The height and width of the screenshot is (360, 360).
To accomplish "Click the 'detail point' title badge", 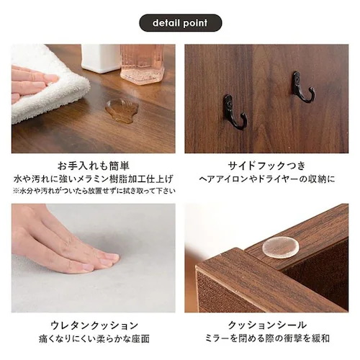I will pyautogui.click(x=180, y=23).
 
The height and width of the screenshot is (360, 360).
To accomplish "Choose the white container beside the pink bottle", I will pyautogui.click(x=101, y=58).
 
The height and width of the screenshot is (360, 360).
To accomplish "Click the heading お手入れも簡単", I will pyautogui.click(x=93, y=165).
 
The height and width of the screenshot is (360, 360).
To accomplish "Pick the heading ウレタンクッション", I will pyautogui.click(x=93, y=325).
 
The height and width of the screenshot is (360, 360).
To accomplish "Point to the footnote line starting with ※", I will pyautogui.click(x=93, y=191).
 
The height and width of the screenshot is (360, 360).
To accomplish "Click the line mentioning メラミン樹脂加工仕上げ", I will pyautogui.click(x=93, y=178).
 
